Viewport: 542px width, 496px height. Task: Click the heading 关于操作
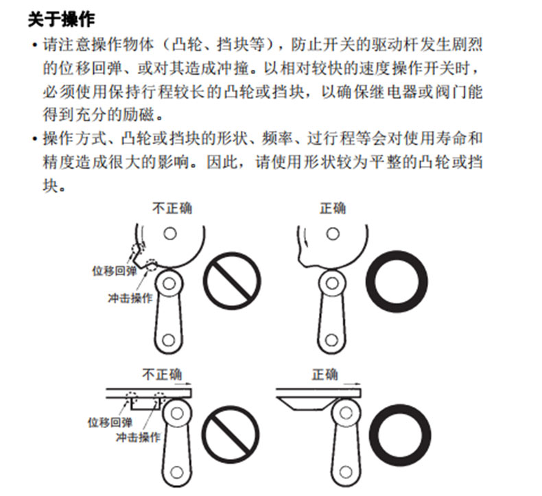click(61, 19)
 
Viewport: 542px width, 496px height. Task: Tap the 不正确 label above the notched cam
click(172, 209)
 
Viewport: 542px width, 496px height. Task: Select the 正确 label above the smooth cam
click(333, 209)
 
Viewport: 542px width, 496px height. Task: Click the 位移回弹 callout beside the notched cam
click(115, 271)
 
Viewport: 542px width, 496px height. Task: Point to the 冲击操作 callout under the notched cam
click(130, 298)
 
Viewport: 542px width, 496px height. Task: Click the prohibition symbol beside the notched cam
click(232, 281)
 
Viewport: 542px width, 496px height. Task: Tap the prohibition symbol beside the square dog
click(231, 434)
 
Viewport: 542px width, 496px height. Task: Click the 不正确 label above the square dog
click(162, 375)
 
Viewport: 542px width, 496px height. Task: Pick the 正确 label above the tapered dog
click(325, 375)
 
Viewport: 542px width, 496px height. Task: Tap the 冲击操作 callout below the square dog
click(139, 437)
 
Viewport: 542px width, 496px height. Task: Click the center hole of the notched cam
click(170, 233)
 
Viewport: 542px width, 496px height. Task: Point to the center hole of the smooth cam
click(333, 233)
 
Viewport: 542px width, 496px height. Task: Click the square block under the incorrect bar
click(145, 403)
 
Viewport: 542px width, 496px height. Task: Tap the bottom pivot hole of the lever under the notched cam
click(168, 340)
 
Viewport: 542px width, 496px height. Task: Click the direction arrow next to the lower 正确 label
click(352, 383)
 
